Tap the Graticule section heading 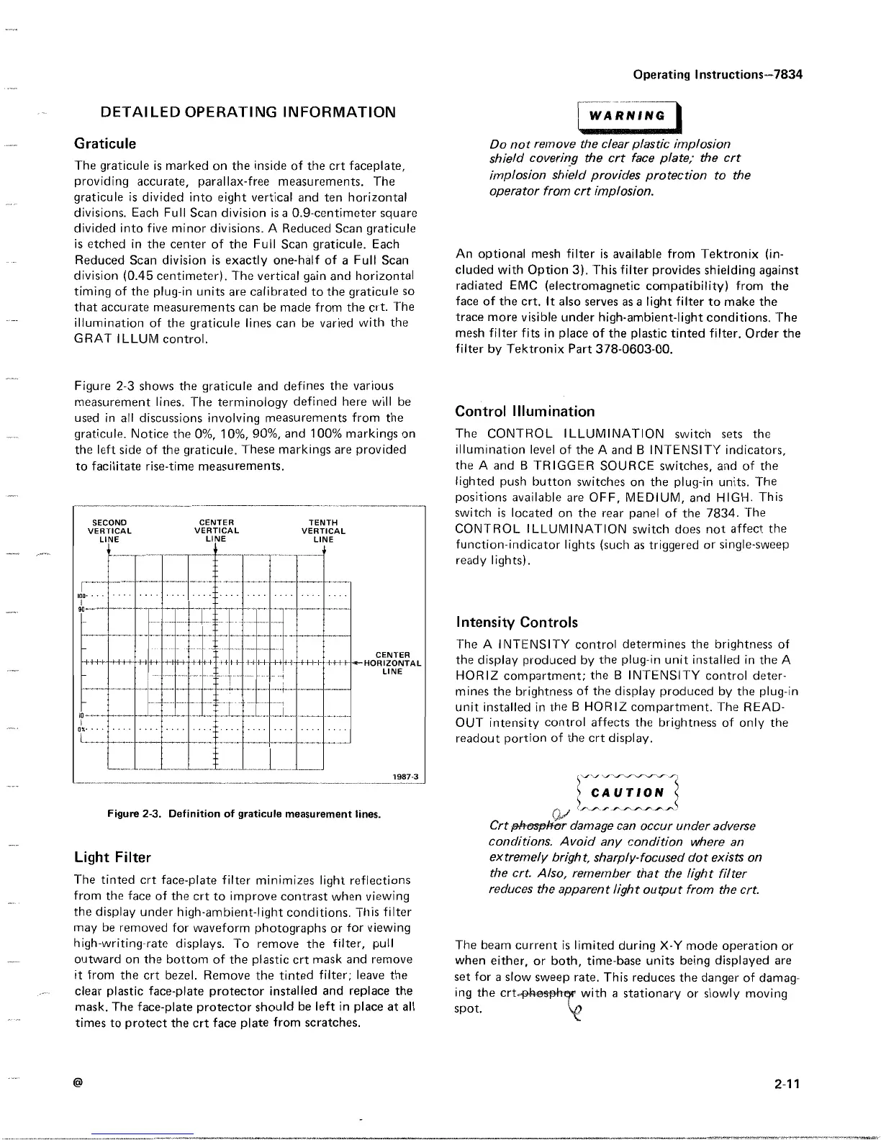pyautogui.click(x=105, y=144)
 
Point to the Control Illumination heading pyautogui.click(x=525, y=412)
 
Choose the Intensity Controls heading pyautogui.click(x=517, y=622)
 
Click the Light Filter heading pyautogui.click(x=113, y=857)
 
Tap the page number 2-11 pyautogui.click(x=789, y=1085)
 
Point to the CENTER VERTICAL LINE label pyautogui.click(x=216, y=530)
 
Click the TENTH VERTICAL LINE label pyautogui.click(x=324, y=530)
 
